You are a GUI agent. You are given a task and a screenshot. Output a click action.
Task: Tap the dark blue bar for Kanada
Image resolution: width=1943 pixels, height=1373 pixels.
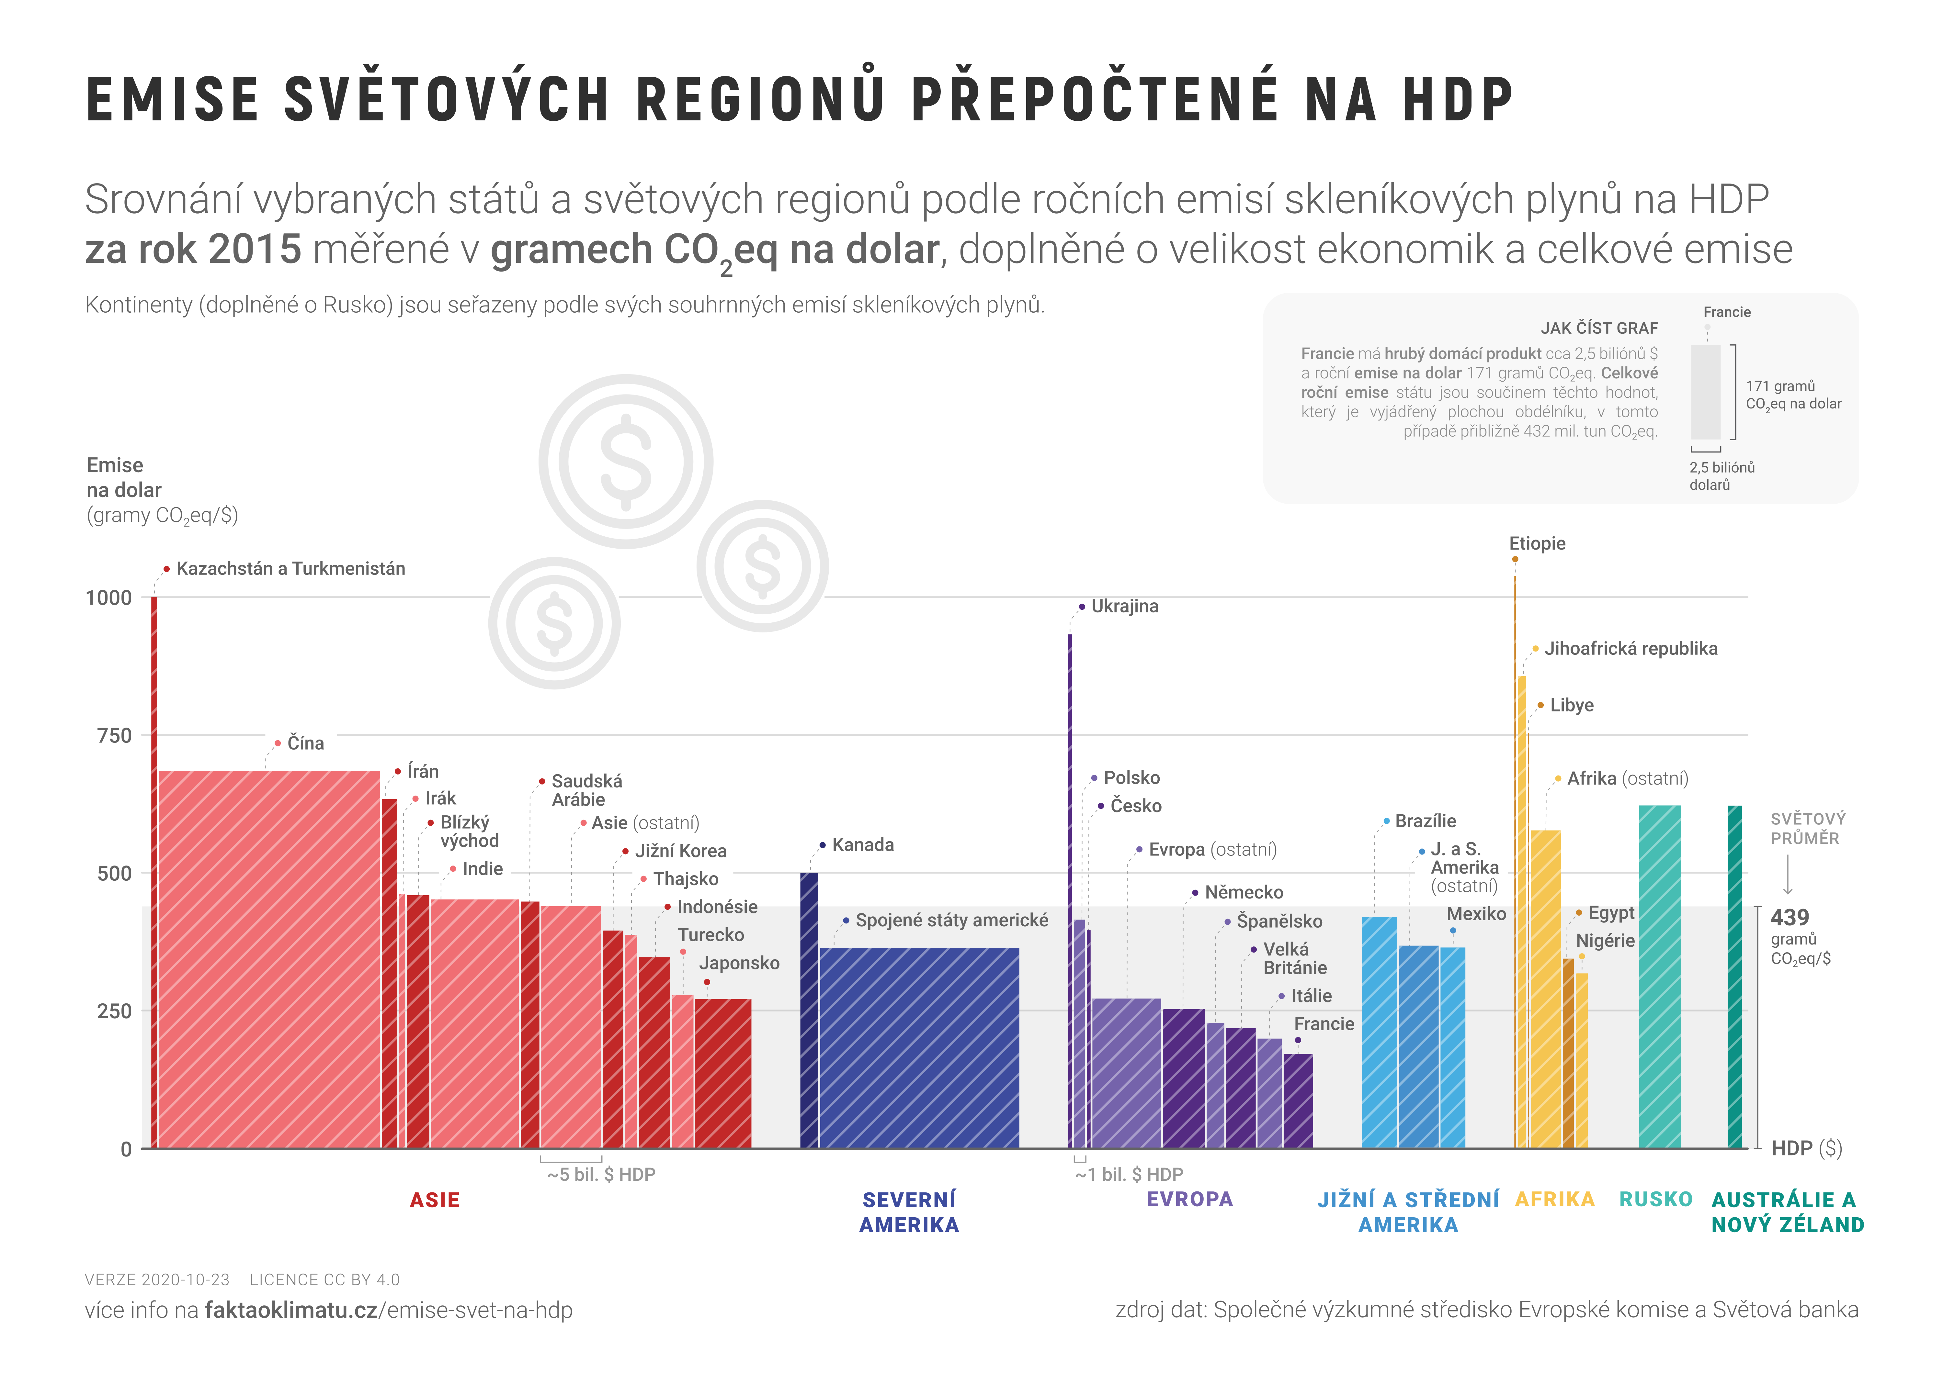tap(809, 1010)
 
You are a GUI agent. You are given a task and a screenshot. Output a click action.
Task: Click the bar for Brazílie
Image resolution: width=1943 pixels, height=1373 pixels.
tap(1380, 1032)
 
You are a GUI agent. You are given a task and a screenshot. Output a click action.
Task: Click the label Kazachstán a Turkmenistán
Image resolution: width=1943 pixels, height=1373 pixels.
tap(290, 568)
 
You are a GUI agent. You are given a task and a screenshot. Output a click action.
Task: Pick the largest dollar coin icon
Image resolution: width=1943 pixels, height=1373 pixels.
tap(626, 462)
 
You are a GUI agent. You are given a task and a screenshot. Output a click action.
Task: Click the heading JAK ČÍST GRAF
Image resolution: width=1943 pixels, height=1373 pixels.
tap(1599, 328)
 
